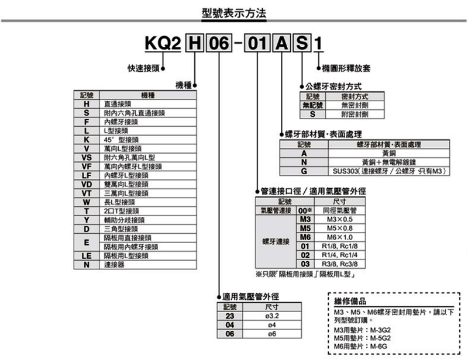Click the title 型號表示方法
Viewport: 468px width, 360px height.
point(233,12)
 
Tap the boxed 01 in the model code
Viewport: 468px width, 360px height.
point(257,44)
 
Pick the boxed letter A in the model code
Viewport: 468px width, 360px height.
point(281,44)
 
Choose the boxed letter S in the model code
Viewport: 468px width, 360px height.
point(301,44)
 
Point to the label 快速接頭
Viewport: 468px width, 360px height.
point(144,68)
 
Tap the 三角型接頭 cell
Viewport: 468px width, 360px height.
point(120,229)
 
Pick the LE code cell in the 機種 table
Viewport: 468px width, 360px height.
point(86,255)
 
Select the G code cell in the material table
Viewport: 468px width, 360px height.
point(304,171)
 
